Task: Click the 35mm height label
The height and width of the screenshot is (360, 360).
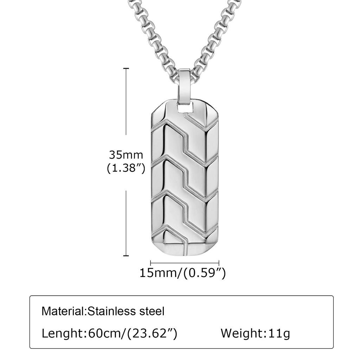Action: point(126,155)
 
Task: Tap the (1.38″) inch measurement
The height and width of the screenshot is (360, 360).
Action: point(126,168)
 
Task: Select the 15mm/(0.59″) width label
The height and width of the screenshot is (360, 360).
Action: point(182,272)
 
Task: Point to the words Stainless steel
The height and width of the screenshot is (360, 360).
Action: point(126,311)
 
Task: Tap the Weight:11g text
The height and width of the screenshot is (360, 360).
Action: point(255,333)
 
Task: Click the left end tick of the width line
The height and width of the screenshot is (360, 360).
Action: point(151,263)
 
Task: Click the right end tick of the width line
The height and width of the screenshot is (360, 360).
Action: point(219,263)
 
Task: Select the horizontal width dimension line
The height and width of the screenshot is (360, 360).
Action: point(185,263)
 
